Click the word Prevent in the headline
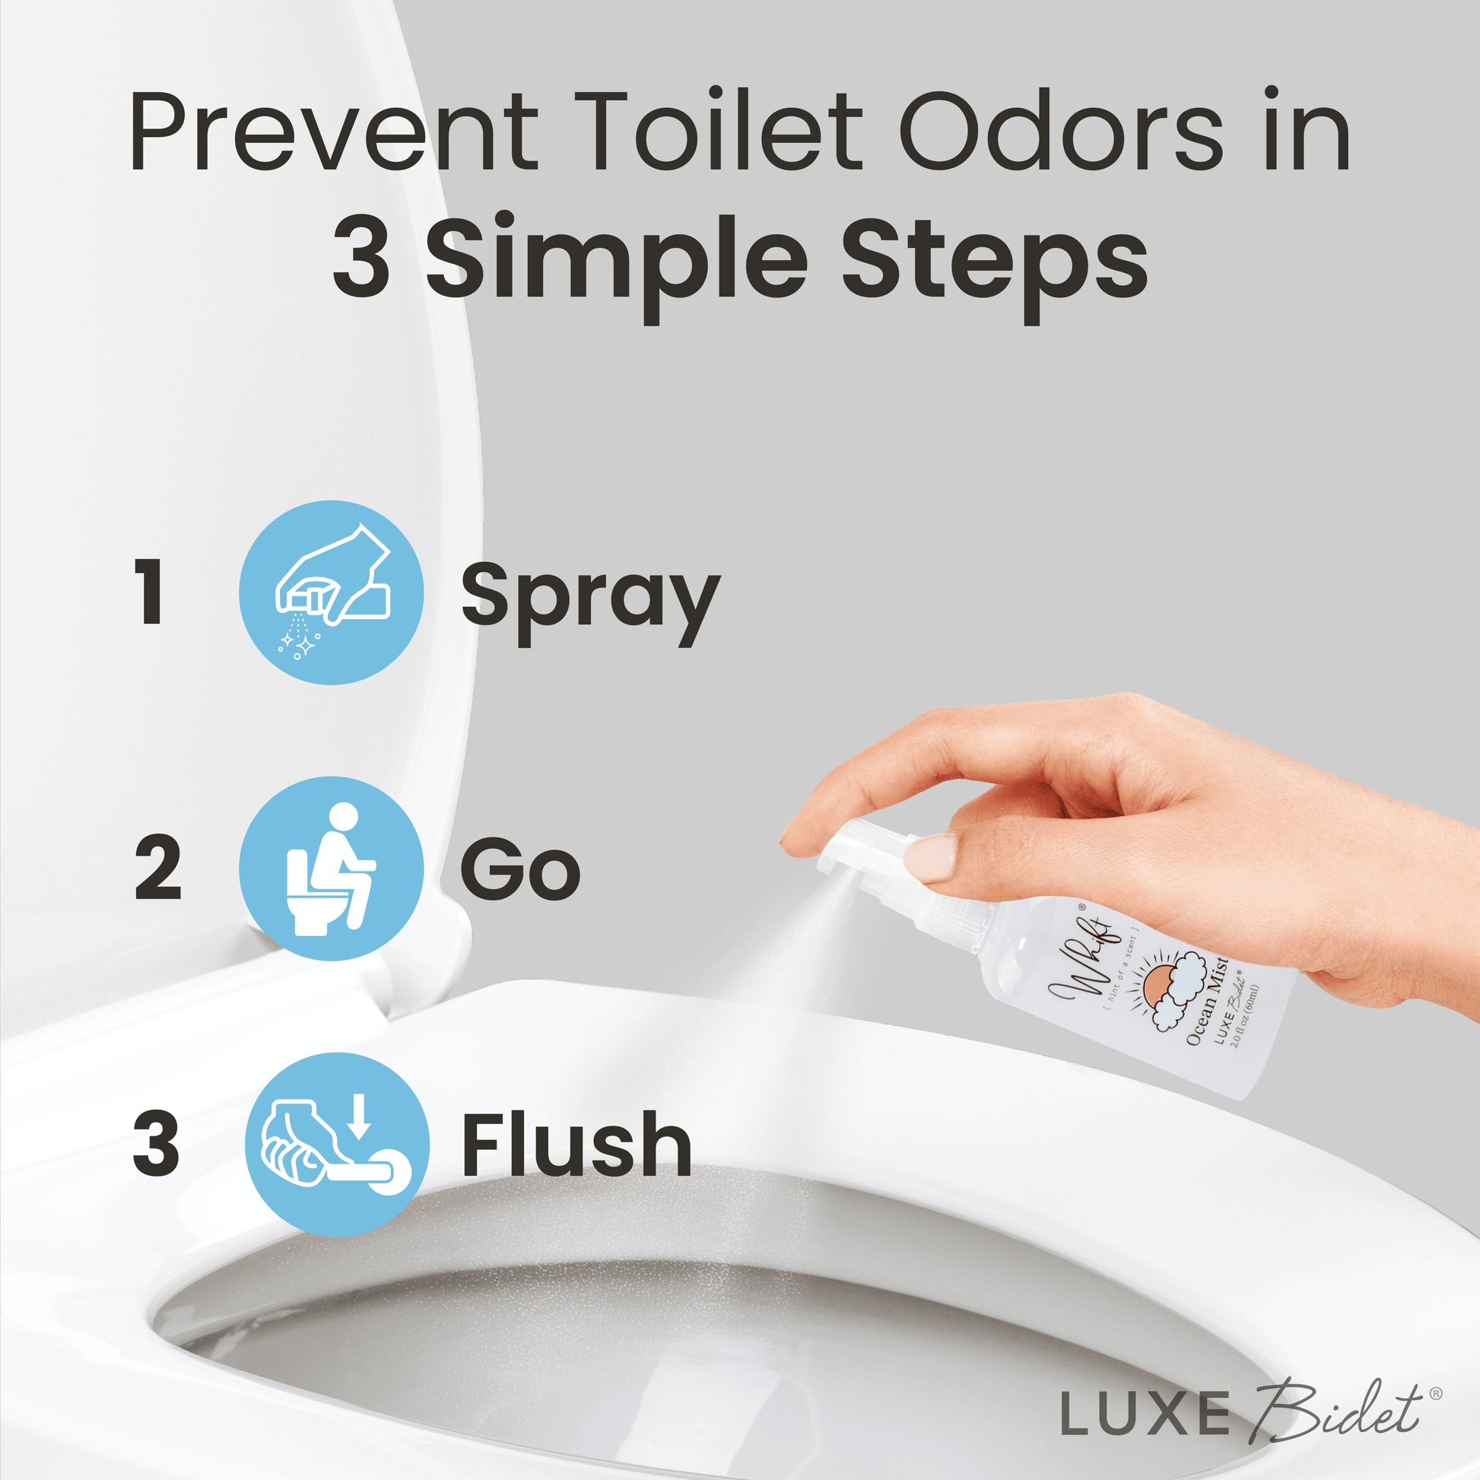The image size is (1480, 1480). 334,131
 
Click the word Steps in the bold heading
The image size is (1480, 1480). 994,265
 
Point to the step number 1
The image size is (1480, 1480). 150,592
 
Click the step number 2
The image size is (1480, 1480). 157,868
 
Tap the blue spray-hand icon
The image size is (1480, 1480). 331,592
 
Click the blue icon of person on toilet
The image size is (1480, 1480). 331,868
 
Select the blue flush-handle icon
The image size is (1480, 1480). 337,1145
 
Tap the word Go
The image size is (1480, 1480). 520,869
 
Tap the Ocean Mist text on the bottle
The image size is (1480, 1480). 1208,1000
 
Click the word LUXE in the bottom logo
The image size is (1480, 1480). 1145,1412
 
